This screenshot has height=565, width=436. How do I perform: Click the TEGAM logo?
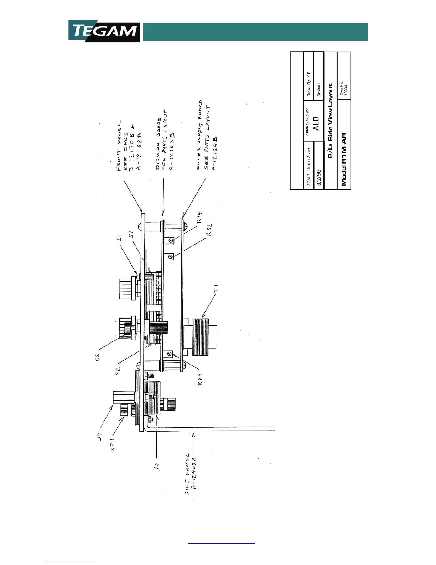pos(104,31)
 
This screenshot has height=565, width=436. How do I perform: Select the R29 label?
pos(201,379)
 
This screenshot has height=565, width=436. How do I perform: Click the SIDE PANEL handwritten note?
pos(187,474)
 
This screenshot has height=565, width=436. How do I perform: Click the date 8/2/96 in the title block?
pos(319,177)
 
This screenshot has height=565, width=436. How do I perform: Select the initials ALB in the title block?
pos(316,123)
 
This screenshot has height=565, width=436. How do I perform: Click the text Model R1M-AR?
pos(344,159)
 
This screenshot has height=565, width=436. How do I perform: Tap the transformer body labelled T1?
pos(201,337)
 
